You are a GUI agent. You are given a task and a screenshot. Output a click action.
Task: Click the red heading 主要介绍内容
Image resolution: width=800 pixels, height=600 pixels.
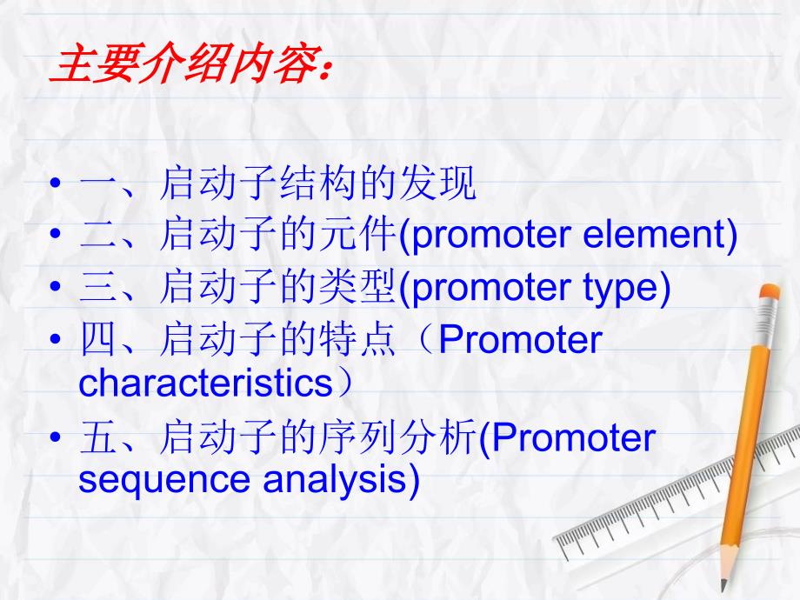(x=188, y=63)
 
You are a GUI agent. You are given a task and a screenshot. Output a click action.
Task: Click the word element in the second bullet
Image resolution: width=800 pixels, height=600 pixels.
(x=655, y=234)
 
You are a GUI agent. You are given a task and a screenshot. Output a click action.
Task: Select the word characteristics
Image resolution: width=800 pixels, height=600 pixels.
(x=205, y=383)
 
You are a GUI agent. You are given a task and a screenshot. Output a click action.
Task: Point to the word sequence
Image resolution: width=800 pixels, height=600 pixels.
(x=163, y=481)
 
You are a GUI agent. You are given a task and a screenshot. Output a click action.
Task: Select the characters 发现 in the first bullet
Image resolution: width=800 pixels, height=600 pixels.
(x=438, y=183)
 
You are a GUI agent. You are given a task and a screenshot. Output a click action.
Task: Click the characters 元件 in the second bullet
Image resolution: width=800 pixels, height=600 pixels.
(x=358, y=234)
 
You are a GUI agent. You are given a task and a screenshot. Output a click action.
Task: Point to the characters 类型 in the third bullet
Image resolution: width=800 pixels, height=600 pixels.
(x=358, y=287)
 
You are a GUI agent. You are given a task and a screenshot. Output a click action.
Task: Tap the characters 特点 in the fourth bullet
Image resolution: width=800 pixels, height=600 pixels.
(x=357, y=339)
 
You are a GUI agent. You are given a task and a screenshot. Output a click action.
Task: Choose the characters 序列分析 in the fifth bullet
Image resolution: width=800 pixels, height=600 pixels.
(x=398, y=437)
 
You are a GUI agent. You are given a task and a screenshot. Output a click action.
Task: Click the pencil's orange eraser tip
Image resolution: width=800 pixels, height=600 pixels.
(x=770, y=292)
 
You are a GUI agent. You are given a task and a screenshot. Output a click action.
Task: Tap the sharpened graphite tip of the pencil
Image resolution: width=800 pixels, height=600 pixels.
(x=723, y=586)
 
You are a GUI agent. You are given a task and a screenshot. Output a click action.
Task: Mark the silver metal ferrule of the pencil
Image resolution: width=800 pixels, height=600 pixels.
(x=764, y=323)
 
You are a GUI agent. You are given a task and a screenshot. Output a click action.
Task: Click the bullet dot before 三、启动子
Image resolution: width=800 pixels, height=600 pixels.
(x=56, y=287)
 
